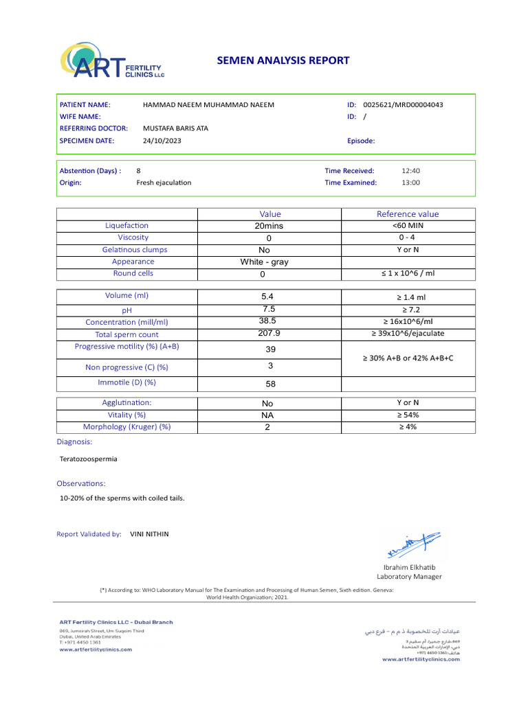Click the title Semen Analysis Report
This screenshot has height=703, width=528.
(x=283, y=60)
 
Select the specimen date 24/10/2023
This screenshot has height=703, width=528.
(x=162, y=141)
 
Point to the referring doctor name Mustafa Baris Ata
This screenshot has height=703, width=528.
(x=175, y=128)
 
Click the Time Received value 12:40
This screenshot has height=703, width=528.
(x=410, y=171)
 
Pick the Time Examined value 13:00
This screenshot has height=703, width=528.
(x=410, y=183)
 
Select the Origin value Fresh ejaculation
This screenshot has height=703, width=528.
(x=164, y=183)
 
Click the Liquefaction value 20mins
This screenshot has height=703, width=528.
(x=269, y=226)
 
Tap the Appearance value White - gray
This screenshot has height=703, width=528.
(x=264, y=262)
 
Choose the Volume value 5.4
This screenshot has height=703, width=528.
(x=267, y=297)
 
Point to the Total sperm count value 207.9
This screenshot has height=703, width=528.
(x=268, y=334)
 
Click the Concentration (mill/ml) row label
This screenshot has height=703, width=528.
(x=126, y=322)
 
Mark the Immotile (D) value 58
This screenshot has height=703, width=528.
(x=270, y=384)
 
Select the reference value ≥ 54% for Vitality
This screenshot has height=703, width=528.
(x=408, y=415)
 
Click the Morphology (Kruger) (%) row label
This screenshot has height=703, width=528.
(x=126, y=426)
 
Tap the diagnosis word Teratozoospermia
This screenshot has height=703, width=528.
(x=89, y=459)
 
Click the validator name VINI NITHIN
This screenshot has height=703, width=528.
(x=149, y=533)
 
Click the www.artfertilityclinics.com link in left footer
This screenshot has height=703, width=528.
(x=95, y=649)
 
